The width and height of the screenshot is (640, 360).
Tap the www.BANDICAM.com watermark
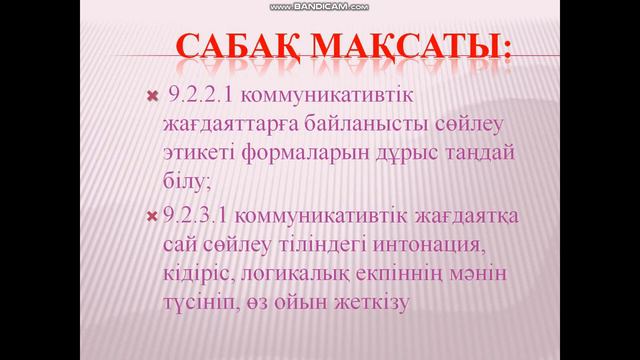(320, 6)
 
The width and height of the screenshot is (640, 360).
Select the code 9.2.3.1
(192, 216)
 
